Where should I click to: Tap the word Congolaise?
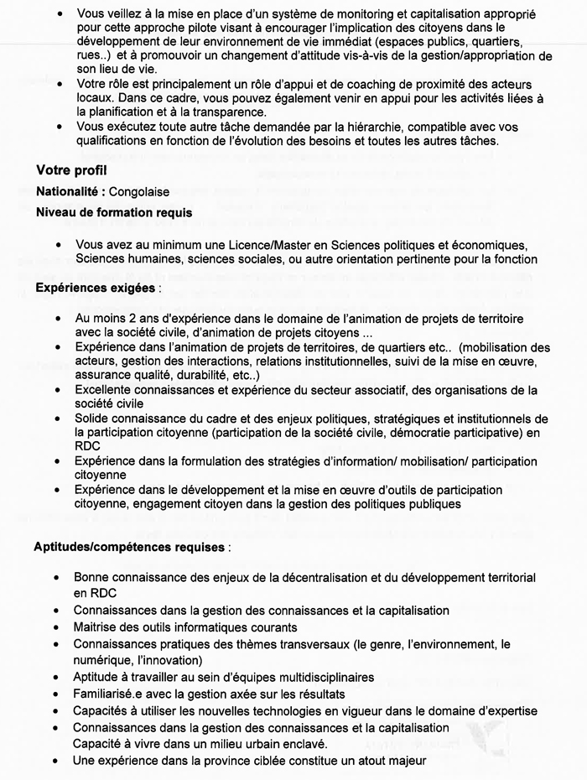[x=139, y=192]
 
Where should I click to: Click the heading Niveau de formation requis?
[x=114, y=213]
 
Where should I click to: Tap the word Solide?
[x=91, y=419]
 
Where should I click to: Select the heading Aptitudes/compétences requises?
[x=129, y=547]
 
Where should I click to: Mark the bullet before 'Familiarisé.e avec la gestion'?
[x=57, y=694]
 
